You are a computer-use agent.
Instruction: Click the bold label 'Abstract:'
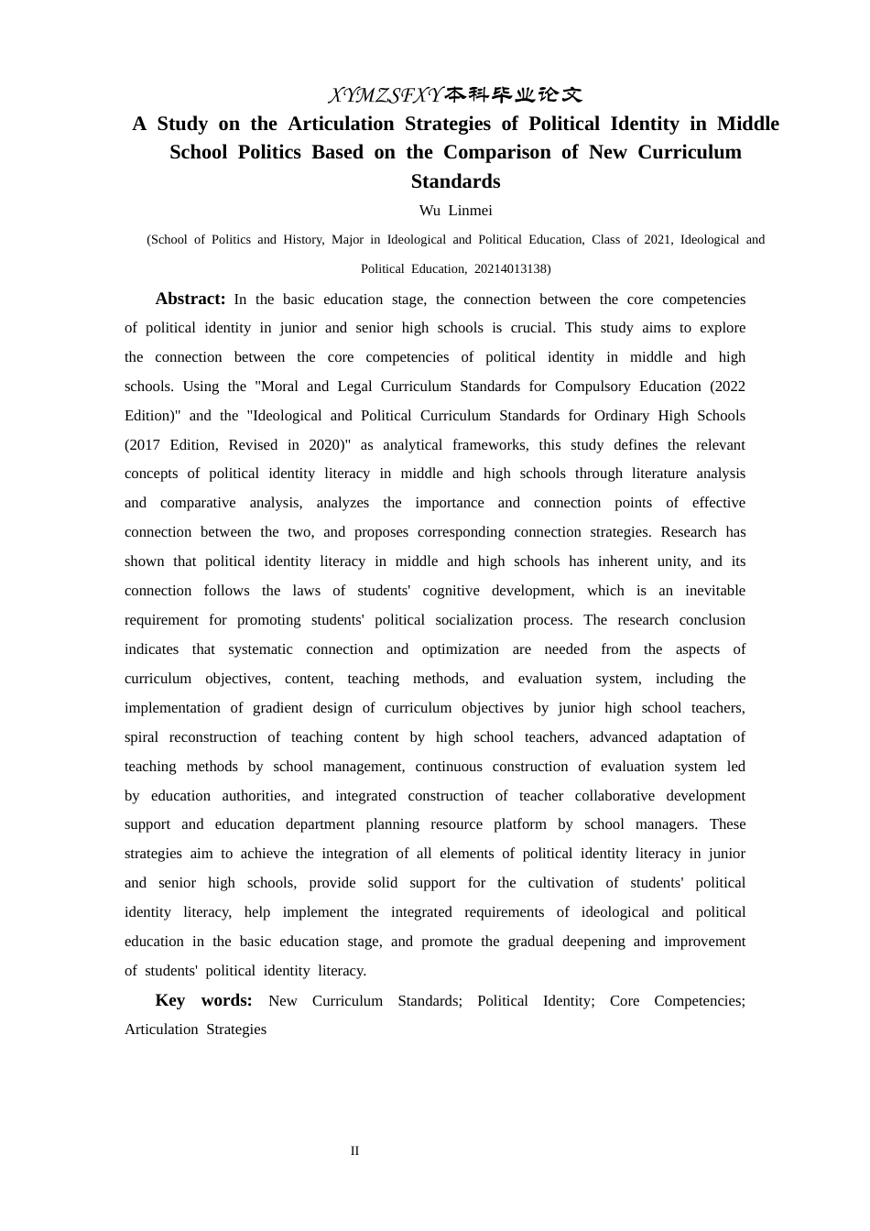click(190, 299)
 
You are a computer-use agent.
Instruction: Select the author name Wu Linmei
click(455, 211)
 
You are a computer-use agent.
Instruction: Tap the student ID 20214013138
click(510, 268)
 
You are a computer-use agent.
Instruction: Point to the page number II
click(354, 1151)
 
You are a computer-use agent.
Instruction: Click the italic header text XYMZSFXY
click(385, 95)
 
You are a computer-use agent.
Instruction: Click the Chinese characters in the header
click(514, 95)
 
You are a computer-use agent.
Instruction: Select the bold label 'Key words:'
click(203, 1000)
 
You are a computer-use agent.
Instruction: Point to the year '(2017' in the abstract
click(142, 445)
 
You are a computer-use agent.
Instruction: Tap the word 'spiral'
click(141, 737)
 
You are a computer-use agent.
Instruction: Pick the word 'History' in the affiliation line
click(302, 240)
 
